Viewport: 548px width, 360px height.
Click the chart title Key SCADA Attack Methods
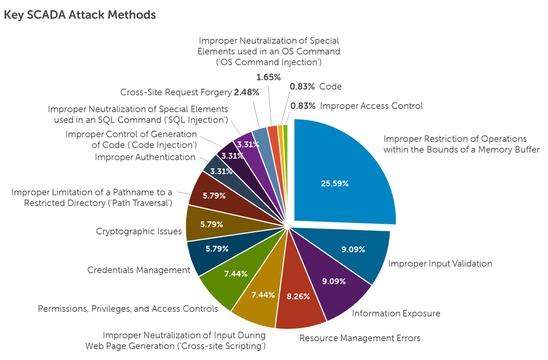79,15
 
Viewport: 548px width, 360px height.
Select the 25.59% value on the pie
335,184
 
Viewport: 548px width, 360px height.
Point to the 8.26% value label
298,296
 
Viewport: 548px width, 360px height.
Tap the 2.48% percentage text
246,92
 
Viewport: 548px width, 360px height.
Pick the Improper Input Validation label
440,264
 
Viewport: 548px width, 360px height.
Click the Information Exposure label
396,313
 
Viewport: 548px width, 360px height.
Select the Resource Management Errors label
359,338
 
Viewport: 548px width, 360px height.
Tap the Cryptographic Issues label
139,231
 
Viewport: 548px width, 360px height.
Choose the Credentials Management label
139,270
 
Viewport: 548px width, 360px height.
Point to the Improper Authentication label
145,157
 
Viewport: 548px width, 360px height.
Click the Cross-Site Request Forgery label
175,92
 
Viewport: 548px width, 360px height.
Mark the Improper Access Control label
371,106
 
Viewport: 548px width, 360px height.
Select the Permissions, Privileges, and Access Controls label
128,309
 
